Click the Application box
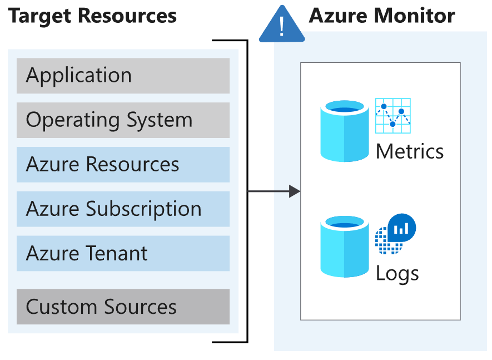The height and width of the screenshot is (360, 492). (123, 76)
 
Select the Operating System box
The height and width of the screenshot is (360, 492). (123, 120)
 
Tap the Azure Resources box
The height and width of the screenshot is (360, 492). (123, 165)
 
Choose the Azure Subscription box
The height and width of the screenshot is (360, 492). (123, 209)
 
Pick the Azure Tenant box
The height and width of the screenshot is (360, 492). (123, 254)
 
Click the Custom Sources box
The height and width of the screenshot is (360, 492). (123, 307)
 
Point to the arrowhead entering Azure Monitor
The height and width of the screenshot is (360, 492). (295, 192)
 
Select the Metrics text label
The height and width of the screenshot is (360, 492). (410, 151)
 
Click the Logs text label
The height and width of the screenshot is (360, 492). (397, 274)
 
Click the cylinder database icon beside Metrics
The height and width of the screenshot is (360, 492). (345, 131)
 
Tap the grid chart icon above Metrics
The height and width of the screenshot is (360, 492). (392, 116)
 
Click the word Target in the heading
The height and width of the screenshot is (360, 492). (40, 16)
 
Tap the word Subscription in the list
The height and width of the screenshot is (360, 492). (143, 210)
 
